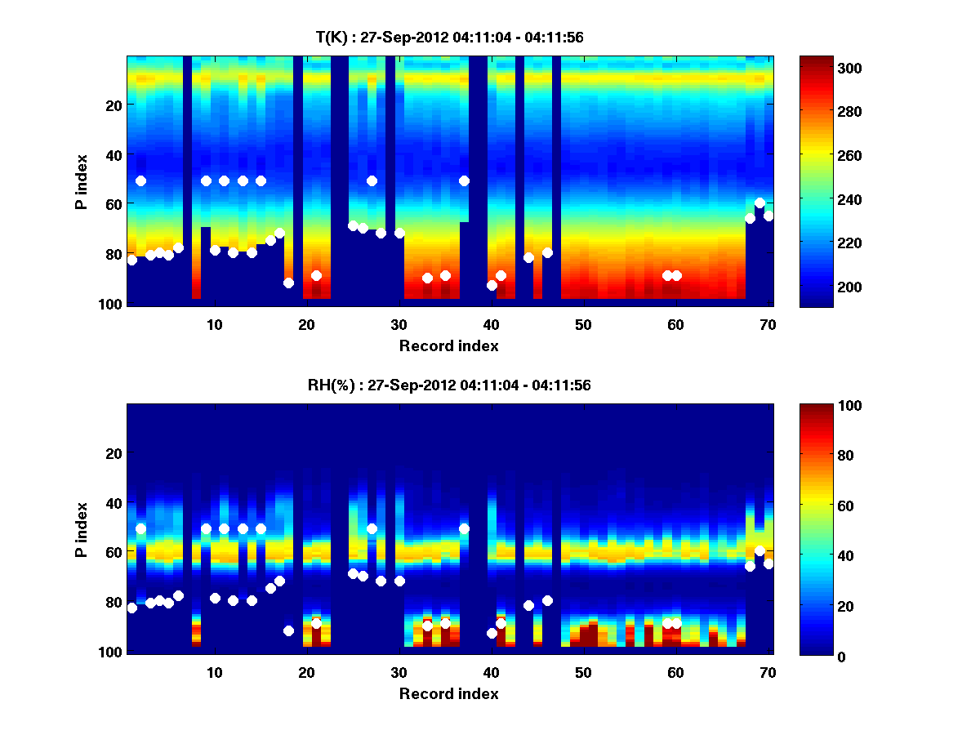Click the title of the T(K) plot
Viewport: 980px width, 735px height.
449,37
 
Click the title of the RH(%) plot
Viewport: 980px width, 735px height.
449,385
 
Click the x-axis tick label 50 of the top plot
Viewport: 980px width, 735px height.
583,323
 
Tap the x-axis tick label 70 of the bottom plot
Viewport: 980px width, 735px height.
768,672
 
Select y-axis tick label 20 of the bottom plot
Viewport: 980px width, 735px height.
114,453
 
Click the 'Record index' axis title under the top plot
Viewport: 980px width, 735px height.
449,345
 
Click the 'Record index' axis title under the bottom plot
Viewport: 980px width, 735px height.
449,693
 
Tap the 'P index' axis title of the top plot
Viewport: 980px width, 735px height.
82,180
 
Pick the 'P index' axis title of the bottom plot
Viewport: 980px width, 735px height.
82,528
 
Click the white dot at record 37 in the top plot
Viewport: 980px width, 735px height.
464,180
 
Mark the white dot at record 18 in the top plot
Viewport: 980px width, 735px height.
288,283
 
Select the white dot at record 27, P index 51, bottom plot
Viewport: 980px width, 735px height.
372,528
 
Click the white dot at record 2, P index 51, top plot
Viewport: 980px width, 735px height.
140,180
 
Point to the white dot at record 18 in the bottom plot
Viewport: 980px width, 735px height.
288,630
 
